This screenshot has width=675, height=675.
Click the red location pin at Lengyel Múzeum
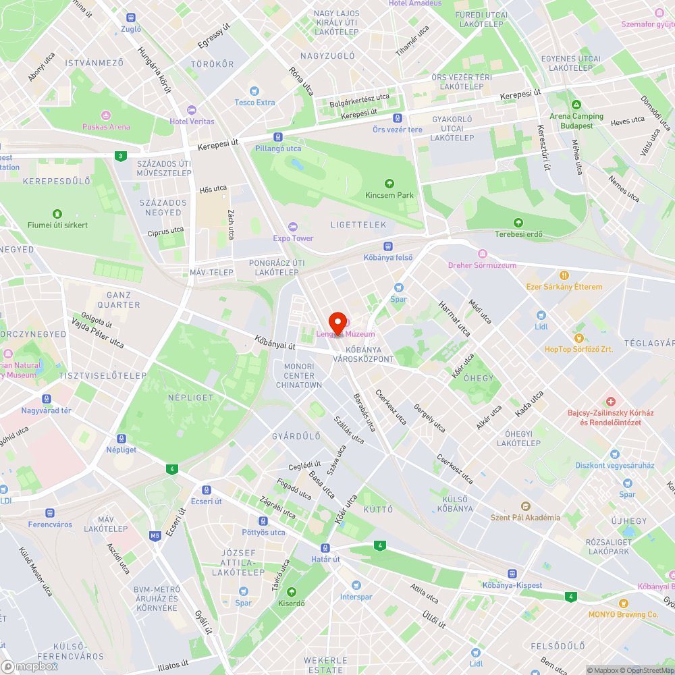[x=337, y=321]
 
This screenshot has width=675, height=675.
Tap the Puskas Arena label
[x=106, y=126]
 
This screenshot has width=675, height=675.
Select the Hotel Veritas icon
[x=191, y=109]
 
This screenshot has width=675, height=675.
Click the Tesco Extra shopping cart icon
[x=254, y=90]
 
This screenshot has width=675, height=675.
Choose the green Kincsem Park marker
[x=389, y=183]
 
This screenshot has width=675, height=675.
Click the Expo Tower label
[x=293, y=238]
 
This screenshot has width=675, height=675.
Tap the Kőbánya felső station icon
[x=388, y=246]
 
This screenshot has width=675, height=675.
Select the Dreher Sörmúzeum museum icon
[x=482, y=254]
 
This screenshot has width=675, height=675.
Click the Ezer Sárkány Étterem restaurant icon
[x=564, y=275]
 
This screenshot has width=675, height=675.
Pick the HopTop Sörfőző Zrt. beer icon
[x=578, y=337]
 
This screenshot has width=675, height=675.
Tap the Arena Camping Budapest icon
[x=576, y=105]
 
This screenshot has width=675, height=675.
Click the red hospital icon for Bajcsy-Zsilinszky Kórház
[x=610, y=401]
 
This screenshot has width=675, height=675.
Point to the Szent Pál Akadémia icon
[x=525, y=506]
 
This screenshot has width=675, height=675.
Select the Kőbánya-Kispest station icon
[x=512, y=573]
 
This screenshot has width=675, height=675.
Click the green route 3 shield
[x=120, y=156]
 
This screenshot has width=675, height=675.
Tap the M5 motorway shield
[x=155, y=536]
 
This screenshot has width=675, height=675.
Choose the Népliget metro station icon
[x=122, y=438]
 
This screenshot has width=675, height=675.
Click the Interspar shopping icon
[x=356, y=585]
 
